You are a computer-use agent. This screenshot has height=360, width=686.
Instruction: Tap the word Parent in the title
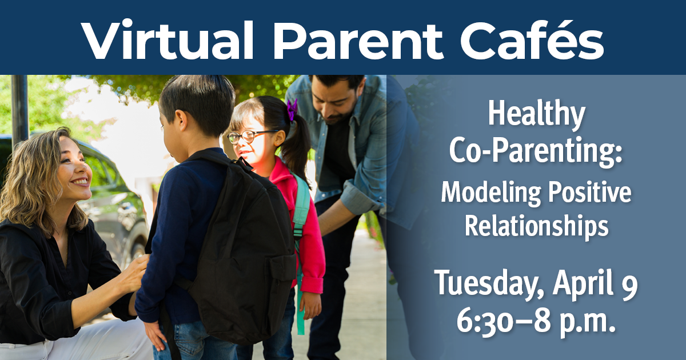(357, 38)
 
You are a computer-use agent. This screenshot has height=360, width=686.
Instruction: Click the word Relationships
(536, 226)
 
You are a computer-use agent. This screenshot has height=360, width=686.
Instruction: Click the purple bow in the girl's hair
(292, 109)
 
